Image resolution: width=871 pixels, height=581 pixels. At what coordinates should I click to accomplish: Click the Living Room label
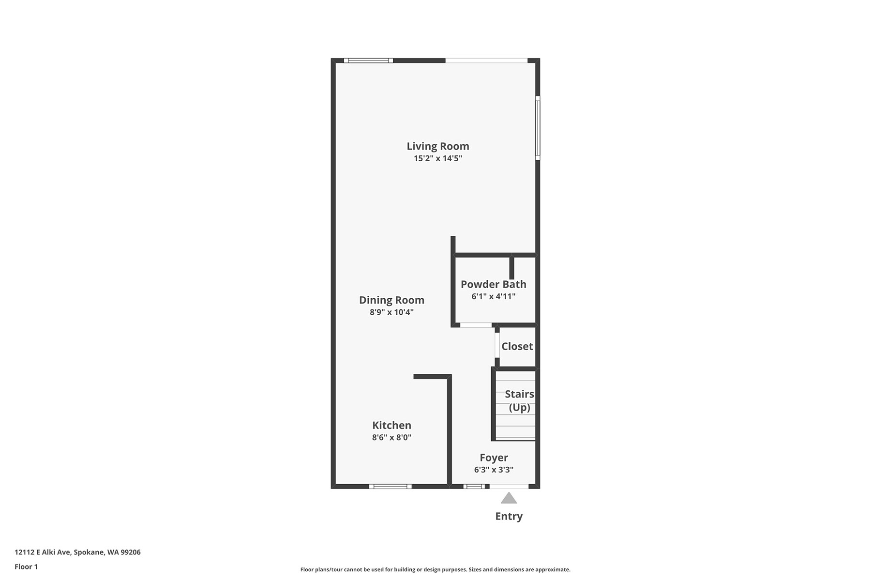pyautogui.click(x=438, y=146)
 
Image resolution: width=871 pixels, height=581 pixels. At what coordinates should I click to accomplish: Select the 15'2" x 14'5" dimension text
pyautogui.click(x=438, y=158)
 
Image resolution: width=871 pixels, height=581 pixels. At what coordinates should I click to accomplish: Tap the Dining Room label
pyautogui.click(x=391, y=300)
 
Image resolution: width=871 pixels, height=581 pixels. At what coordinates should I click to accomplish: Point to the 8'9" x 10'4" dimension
pyautogui.click(x=391, y=312)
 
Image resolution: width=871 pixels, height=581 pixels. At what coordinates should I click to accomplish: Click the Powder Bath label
pyautogui.click(x=494, y=284)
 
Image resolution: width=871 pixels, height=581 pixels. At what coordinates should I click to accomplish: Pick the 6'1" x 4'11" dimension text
pyautogui.click(x=494, y=296)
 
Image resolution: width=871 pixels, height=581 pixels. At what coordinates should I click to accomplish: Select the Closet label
pyautogui.click(x=517, y=346)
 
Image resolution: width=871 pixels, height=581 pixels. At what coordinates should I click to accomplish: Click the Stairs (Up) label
pyautogui.click(x=520, y=401)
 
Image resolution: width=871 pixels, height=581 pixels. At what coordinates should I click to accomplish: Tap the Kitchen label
pyautogui.click(x=391, y=426)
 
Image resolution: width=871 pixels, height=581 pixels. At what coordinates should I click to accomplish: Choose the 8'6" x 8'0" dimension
pyautogui.click(x=391, y=438)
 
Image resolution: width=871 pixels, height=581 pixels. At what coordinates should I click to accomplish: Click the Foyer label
pyautogui.click(x=494, y=458)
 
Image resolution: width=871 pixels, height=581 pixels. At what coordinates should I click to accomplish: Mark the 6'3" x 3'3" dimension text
pyautogui.click(x=494, y=470)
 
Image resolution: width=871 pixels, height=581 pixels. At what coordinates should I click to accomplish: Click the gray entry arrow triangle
pyautogui.click(x=509, y=498)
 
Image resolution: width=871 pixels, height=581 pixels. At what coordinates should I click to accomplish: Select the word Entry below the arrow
pyautogui.click(x=509, y=517)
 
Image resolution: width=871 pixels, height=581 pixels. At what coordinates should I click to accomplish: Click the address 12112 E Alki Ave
pyautogui.click(x=43, y=552)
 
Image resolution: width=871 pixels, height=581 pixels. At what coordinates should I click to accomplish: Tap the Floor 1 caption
pyautogui.click(x=26, y=567)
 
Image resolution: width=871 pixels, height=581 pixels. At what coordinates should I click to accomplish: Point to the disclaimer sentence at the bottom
pyautogui.click(x=435, y=570)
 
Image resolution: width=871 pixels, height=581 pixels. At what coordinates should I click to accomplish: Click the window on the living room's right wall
pyautogui.click(x=538, y=128)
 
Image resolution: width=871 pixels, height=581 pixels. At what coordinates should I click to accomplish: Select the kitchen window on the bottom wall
pyautogui.click(x=390, y=486)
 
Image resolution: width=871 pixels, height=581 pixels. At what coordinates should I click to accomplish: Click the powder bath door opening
pyautogui.click(x=476, y=325)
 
